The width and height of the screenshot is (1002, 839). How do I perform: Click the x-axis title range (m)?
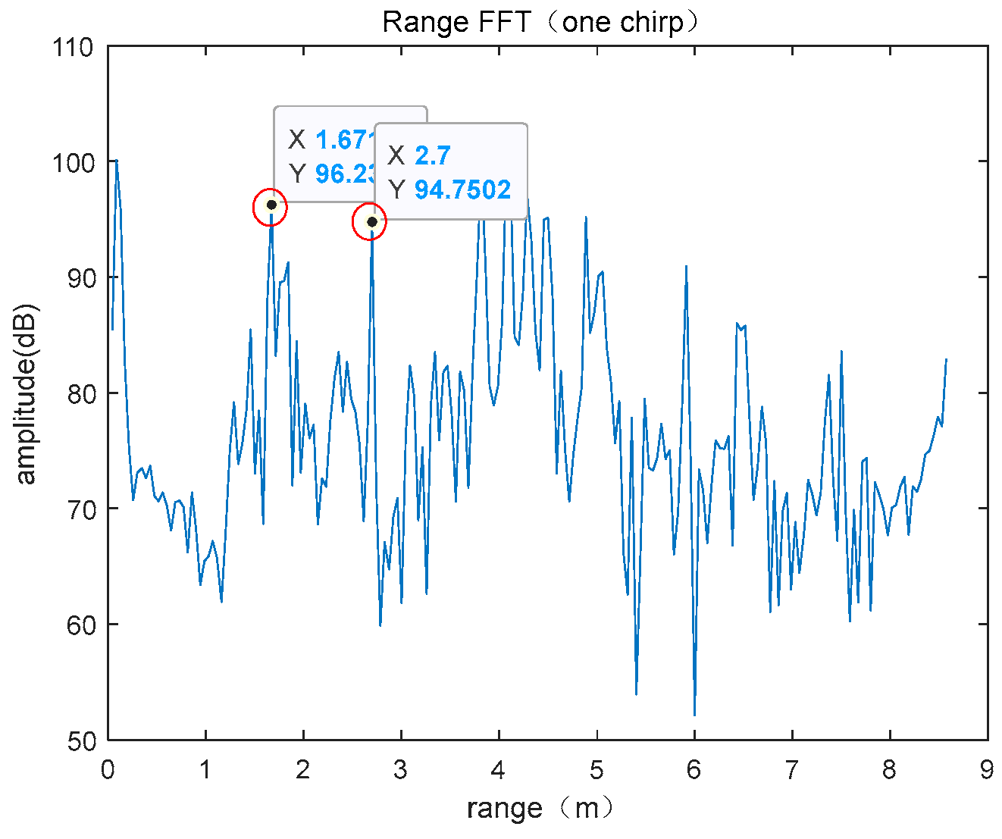coord(540,809)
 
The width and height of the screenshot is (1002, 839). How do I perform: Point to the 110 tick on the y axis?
coord(73,47)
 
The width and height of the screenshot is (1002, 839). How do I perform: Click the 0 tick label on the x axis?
coord(108,771)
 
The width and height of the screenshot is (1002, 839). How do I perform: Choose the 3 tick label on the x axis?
coord(401,771)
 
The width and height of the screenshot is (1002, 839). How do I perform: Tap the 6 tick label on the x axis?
coord(694,771)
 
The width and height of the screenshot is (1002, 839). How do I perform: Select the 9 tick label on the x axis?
coord(987,771)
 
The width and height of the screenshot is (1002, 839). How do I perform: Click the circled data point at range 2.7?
coord(371,221)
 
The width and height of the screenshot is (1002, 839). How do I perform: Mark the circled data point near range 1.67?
coord(271,205)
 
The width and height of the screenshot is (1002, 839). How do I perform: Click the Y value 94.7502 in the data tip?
coord(462,189)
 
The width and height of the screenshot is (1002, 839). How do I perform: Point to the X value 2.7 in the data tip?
coord(433,155)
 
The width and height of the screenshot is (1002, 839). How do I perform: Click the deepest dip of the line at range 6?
coord(694,715)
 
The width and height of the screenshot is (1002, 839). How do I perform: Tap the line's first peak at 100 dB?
coord(117,161)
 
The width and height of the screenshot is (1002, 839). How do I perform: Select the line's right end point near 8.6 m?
coord(947,359)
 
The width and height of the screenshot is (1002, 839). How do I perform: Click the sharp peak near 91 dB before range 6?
coord(686,266)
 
